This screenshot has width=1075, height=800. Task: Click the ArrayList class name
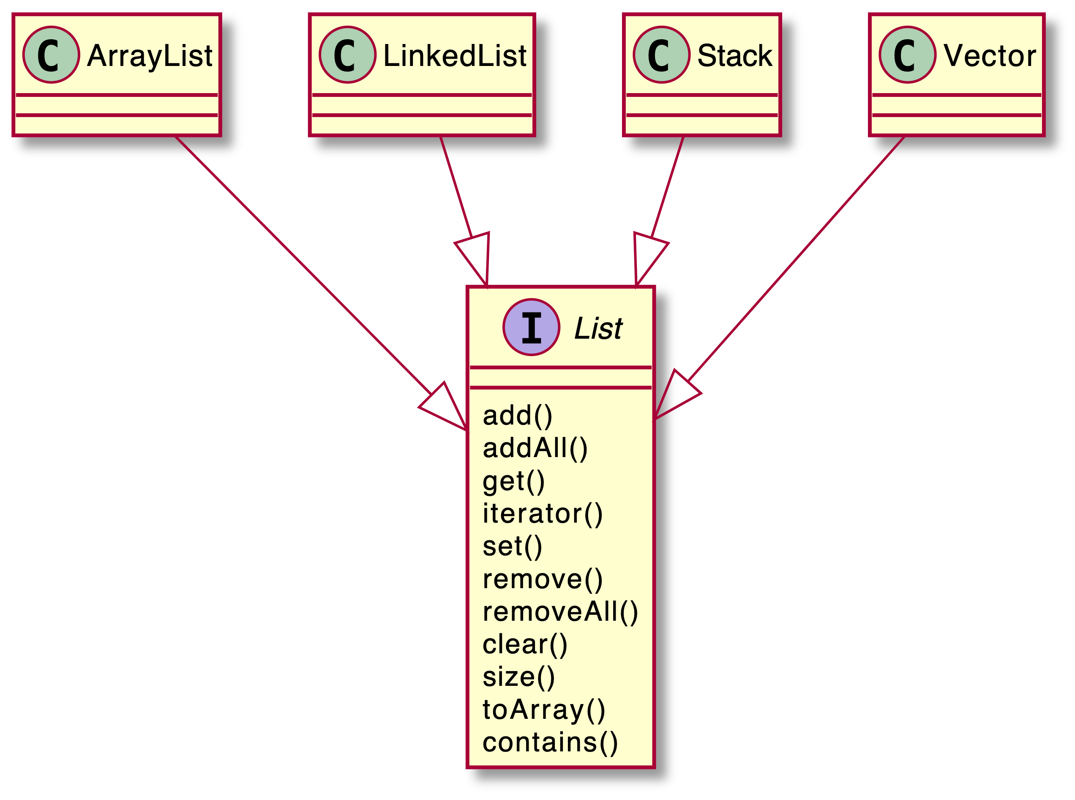point(150,56)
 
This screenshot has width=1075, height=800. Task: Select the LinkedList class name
point(455,56)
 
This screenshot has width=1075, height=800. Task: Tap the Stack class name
point(734,56)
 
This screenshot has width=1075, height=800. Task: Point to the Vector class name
point(990,56)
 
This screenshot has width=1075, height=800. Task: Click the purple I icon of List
point(531,327)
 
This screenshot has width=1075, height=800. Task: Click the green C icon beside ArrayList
point(51,55)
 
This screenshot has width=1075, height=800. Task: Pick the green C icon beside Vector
point(908,55)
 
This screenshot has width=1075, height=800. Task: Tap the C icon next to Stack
point(661,55)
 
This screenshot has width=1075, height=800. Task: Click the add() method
point(517,416)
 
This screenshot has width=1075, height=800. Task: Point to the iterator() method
point(543,513)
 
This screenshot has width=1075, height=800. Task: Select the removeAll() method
point(560,611)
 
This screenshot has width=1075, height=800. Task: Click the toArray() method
point(543,710)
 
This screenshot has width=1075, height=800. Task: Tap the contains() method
point(550,742)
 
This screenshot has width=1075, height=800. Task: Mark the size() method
point(518,677)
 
